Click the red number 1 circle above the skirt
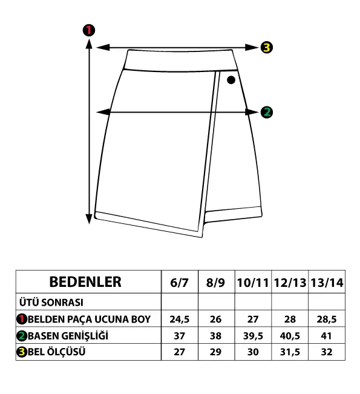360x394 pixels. pyautogui.click(x=89, y=30)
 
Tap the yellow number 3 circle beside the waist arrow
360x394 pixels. pyautogui.click(x=266, y=47)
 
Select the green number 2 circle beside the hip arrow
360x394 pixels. pyautogui.click(x=267, y=112)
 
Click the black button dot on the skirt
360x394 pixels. pyautogui.click(x=231, y=80)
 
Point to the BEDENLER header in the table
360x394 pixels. pyautogui.click(x=85, y=282)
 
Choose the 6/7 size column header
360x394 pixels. pyautogui.click(x=179, y=283)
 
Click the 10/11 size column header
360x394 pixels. pyautogui.click(x=253, y=283)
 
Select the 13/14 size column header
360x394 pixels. pyautogui.click(x=327, y=283)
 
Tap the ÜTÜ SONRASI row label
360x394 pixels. pyautogui.click(x=51, y=302)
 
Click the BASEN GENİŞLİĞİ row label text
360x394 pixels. pyautogui.click(x=68, y=336)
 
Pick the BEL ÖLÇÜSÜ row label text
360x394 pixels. pyautogui.click(x=56, y=352)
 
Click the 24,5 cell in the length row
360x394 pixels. pyautogui.click(x=179, y=319)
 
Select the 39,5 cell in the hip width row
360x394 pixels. pyautogui.click(x=253, y=336)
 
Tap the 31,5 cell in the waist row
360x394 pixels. pyautogui.click(x=290, y=352)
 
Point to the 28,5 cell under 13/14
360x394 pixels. pyautogui.click(x=327, y=319)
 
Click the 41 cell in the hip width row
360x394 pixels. pyautogui.click(x=326, y=336)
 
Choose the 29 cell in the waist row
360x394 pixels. pyautogui.click(x=215, y=352)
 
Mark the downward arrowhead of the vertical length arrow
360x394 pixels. pyautogui.click(x=89, y=219)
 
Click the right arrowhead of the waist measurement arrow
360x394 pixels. pyautogui.click(x=252, y=47)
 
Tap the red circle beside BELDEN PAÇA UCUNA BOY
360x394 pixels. pyautogui.click(x=22, y=319)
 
